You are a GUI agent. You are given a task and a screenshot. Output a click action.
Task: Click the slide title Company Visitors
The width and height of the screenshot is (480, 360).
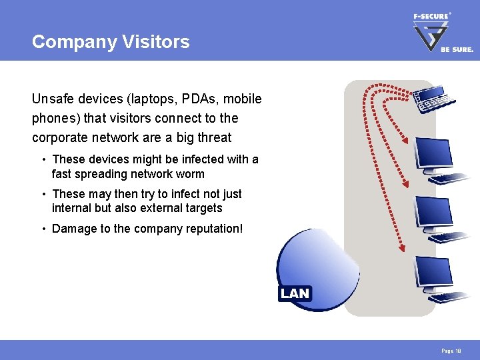[111, 42]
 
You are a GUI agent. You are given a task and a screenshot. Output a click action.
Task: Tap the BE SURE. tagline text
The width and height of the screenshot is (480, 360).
[456, 49]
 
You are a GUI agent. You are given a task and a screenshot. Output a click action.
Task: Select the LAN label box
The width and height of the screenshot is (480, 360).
[295, 293]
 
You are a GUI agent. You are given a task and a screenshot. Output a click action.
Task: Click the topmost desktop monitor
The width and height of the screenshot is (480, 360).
[433, 155]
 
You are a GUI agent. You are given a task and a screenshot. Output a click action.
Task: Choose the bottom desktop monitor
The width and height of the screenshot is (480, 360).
[433, 271]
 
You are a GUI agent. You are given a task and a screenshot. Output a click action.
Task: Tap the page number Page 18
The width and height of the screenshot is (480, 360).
[450, 350]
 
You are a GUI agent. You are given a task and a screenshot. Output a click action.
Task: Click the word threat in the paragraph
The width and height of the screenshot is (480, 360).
[213, 137]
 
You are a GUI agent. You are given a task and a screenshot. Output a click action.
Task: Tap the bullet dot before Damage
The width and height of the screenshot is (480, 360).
[43, 229]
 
